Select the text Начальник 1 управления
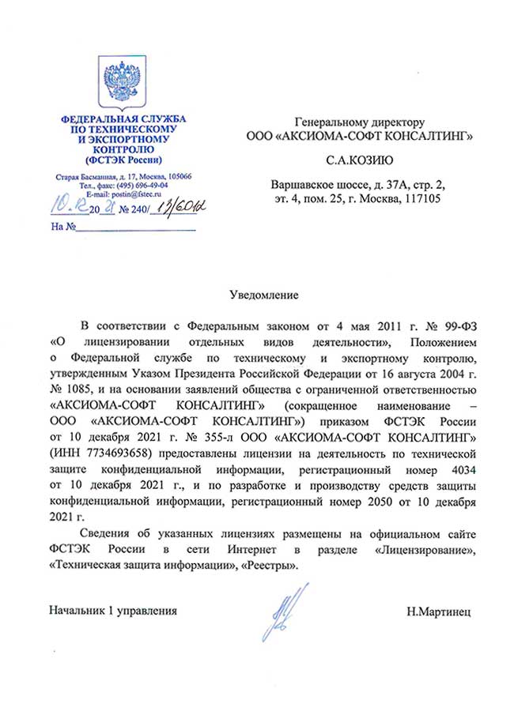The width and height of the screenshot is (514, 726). (x=113, y=611)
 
